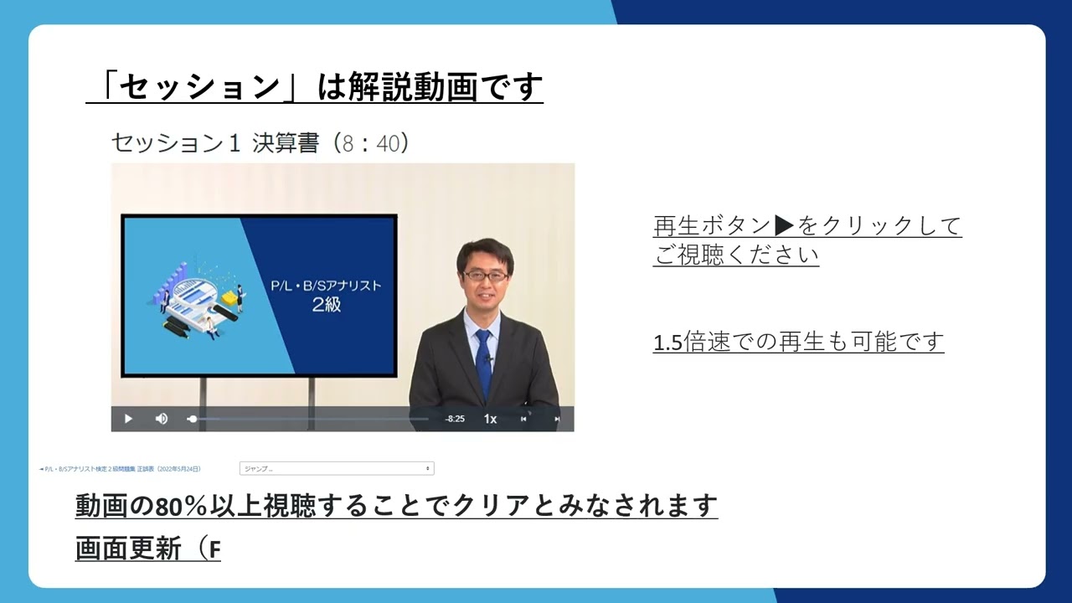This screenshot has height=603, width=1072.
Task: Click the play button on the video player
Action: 128,419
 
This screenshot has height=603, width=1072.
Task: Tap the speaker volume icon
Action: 162,419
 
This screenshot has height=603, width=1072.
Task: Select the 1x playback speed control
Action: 490,419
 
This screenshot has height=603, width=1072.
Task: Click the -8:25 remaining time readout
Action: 455,419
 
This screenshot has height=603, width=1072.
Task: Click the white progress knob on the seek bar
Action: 193,419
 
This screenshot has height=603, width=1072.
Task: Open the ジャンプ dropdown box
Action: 337,469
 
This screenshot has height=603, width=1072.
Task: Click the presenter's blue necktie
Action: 483,360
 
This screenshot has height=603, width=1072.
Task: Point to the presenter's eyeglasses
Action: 485,274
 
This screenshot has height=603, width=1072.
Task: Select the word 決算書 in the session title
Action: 286,143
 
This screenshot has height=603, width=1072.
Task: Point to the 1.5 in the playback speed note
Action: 667,343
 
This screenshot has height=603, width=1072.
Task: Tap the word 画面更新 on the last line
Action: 128,549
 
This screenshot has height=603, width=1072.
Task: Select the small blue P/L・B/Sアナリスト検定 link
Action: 121,469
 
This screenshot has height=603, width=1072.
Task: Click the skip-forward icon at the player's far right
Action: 557,419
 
